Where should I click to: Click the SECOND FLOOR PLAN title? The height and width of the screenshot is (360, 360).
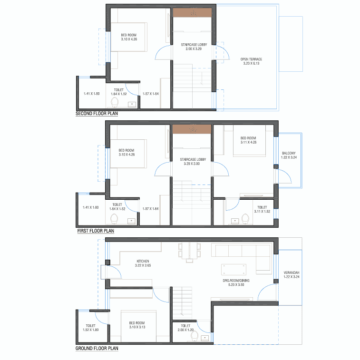(x=97, y=113)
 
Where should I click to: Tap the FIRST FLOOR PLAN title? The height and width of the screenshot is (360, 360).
(x=96, y=231)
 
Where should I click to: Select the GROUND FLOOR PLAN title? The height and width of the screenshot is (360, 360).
(x=97, y=348)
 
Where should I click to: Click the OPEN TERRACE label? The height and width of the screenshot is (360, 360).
(x=251, y=59)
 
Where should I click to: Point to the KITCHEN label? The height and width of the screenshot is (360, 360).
(x=143, y=261)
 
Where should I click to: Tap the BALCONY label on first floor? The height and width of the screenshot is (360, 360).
(x=289, y=153)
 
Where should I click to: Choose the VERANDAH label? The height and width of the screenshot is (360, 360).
(x=292, y=273)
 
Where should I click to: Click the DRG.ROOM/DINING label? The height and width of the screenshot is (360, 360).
(x=236, y=281)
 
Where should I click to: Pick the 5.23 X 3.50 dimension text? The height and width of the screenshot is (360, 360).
(x=236, y=285)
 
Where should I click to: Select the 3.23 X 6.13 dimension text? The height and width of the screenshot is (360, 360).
(x=251, y=63)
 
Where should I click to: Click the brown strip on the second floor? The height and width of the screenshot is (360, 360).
(x=192, y=13)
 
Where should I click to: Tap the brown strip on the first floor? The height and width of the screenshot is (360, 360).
(x=192, y=129)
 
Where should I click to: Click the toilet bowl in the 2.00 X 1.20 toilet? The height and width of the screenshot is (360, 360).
(x=194, y=337)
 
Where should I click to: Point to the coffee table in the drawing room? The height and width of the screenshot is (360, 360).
(x=234, y=270)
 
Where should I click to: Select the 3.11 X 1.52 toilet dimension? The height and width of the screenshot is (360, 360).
(x=262, y=212)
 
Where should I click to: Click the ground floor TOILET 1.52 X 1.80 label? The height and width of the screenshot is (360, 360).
(x=91, y=328)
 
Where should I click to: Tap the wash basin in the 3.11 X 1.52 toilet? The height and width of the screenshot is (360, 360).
(x=235, y=221)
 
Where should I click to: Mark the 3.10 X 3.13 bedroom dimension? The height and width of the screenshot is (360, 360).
(x=137, y=327)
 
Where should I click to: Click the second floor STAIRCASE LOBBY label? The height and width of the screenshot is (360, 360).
(x=194, y=45)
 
